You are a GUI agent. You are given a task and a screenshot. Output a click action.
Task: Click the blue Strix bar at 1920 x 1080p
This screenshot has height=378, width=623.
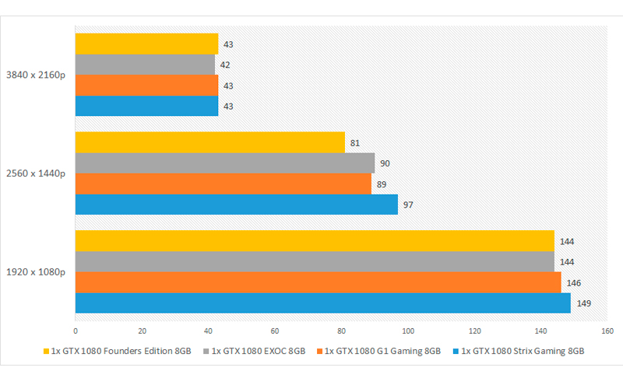tap(322, 303)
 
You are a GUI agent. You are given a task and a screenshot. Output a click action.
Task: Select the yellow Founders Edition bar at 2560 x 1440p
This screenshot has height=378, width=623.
tap(209, 142)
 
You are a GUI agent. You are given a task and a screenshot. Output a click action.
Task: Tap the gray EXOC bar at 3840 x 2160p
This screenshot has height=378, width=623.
tap(145, 65)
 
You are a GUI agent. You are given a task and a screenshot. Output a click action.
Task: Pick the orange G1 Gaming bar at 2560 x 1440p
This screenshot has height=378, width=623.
tap(223, 184)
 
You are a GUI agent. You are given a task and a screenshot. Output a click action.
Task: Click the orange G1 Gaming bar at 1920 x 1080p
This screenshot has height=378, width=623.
tap(318, 282)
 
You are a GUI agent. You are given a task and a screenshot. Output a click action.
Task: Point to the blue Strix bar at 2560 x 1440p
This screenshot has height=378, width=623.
tap(236, 204)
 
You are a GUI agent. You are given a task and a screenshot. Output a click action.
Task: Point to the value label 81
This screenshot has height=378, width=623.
tap(355, 143)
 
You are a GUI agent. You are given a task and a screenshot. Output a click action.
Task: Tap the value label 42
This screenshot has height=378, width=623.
tap(225, 65)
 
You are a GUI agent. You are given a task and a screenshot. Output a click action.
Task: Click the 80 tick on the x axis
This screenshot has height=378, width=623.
tap(341, 328)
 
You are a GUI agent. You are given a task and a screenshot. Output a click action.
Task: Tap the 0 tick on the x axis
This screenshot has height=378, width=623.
tap(76, 328)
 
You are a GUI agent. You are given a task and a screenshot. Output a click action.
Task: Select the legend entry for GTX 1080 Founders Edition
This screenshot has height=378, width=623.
tap(121, 351)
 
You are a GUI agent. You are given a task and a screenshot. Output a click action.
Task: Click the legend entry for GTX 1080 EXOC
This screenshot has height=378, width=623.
tap(258, 351)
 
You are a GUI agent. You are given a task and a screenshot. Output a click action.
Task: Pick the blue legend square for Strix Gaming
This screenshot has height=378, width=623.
tap(456, 351)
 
